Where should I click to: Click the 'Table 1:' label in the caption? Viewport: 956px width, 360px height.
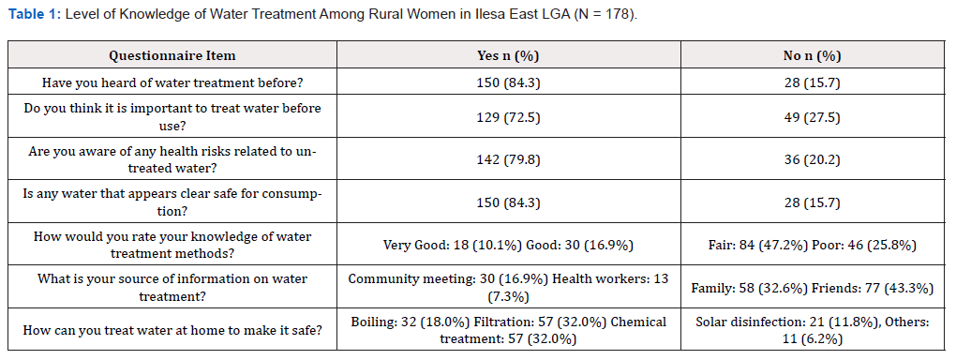click(x=35, y=15)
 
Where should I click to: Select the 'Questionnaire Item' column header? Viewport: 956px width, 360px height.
click(x=172, y=55)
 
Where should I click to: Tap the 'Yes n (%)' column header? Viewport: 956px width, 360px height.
click(x=509, y=55)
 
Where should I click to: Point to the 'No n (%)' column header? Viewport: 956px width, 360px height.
click(x=812, y=55)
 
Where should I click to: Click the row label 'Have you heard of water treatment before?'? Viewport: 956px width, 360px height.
click(x=172, y=82)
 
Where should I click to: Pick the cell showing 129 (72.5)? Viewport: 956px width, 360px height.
click(x=509, y=116)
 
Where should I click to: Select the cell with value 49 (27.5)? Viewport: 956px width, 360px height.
click(x=812, y=116)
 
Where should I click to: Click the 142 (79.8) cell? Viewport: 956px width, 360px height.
click(x=509, y=159)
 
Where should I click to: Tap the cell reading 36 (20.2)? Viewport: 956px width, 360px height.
click(x=812, y=159)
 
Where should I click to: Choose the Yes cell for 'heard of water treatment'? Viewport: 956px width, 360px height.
click(x=509, y=82)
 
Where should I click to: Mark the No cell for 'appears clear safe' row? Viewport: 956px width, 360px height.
click(x=812, y=202)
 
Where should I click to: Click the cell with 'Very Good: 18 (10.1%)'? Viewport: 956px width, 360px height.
click(x=509, y=245)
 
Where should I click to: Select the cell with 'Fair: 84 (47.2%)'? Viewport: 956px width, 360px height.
click(x=812, y=245)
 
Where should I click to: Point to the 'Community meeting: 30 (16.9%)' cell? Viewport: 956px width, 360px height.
click(x=509, y=288)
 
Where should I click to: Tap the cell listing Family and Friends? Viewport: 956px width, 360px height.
click(x=812, y=288)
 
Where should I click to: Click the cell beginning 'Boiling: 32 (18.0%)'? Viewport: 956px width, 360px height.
click(x=509, y=330)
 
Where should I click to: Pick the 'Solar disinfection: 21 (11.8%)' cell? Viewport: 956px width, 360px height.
click(x=812, y=330)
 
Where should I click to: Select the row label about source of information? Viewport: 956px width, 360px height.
click(x=172, y=288)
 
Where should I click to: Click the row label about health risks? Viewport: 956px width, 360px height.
click(x=172, y=159)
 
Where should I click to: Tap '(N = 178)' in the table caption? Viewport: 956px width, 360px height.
click(x=605, y=15)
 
